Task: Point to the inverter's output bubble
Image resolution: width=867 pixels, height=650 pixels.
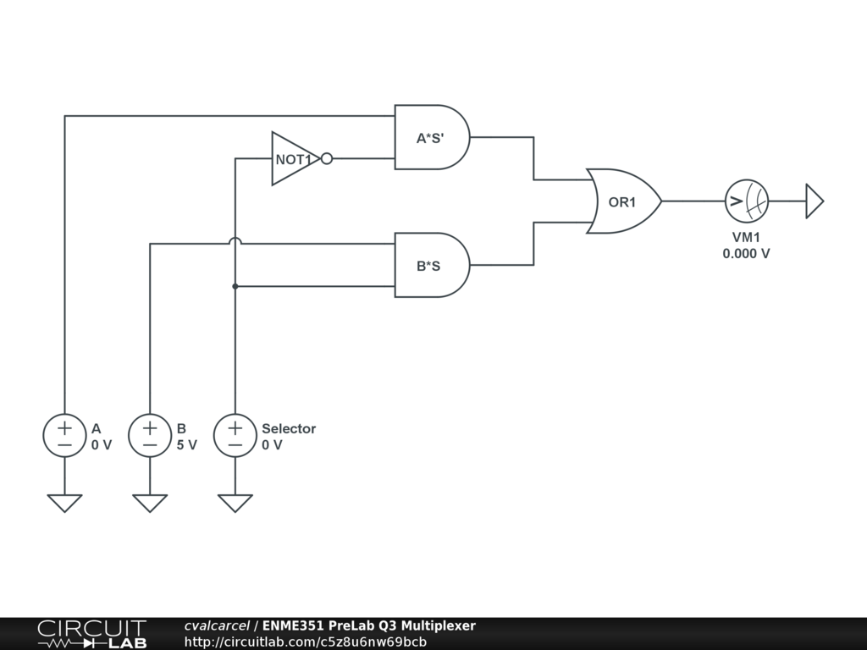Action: [327, 158]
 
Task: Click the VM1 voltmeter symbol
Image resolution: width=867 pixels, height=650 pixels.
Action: [746, 201]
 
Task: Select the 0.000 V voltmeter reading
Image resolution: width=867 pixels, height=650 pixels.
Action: [746, 253]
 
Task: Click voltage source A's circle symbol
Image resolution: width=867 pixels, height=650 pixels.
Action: [64, 436]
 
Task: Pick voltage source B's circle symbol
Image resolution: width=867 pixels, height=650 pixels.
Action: [150, 436]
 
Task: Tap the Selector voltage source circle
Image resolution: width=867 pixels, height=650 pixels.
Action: [235, 436]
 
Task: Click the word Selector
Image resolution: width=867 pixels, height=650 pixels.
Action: [289, 428]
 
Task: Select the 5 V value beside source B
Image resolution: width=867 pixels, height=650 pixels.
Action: [187, 445]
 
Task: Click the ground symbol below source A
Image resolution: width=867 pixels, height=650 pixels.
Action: [64, 503]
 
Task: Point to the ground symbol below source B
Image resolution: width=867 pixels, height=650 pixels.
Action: [150, 503]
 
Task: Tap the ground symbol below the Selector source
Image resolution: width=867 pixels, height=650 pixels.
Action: [235, 503]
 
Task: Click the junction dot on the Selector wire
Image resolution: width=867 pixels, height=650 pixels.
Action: [235, 286]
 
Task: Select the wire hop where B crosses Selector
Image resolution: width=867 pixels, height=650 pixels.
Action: [235, 243]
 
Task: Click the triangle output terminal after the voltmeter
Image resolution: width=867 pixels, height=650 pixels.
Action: [814, 201]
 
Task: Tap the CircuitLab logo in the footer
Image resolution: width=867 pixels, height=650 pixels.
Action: [91, 634]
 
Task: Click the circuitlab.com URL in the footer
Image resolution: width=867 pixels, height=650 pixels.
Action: [305, 642]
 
